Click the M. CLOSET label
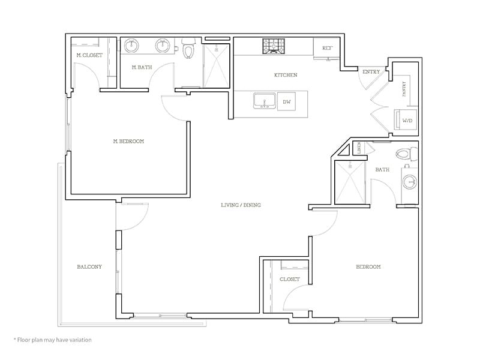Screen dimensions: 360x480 tap(89, 55)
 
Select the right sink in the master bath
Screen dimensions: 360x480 tap(161, 45)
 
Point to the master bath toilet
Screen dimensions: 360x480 tap(190, 49)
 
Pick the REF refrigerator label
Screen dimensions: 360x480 tap(327, 47)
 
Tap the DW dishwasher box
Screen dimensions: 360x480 tap(287, 102)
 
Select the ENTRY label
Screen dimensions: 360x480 tap(371, 72)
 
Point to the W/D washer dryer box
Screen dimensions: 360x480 tap(407, 121)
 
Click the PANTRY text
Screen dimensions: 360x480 tap(404, 89)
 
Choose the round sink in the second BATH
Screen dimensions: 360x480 tap(410, 181)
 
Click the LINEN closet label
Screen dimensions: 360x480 tap(358, 148)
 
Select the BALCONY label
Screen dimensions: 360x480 tap(89, 266)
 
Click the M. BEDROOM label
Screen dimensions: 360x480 tap(128, 142)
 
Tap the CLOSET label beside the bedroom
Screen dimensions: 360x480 tap(290, 279)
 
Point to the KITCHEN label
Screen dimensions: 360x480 tap(286, 75)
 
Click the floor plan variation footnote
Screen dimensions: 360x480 tap(53, 340)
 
